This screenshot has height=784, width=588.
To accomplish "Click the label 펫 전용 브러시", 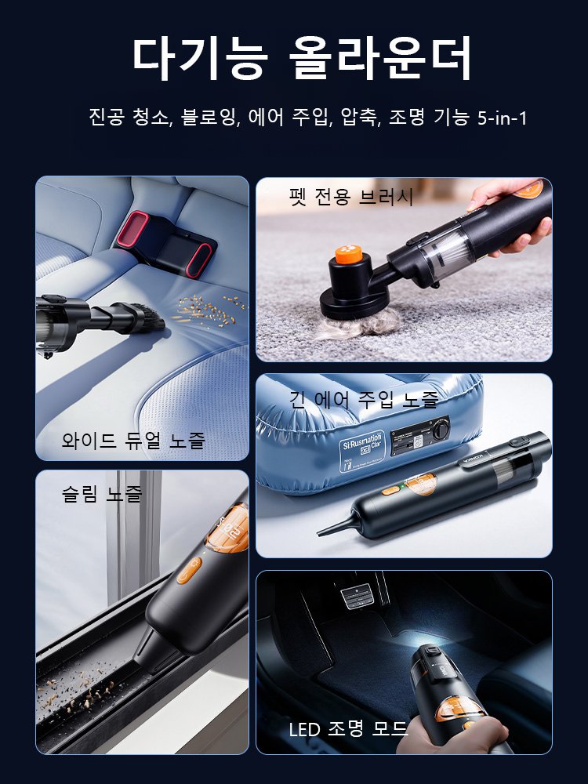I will tap(350, 197).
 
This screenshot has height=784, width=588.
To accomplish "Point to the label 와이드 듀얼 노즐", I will tap(133, 440).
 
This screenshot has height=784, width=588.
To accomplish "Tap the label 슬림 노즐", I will tap(102, 493).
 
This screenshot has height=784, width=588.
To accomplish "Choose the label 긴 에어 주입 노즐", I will tap(364, 400).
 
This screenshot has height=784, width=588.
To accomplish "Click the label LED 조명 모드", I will tap(349, 730).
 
